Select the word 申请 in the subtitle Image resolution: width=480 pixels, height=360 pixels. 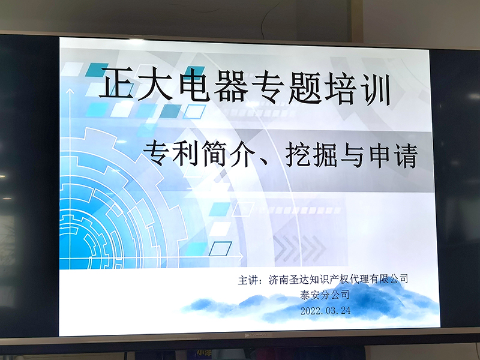click(394, 157)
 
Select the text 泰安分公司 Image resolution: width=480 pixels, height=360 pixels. click(325, 295)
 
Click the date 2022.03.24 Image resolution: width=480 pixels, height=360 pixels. click(325, 311)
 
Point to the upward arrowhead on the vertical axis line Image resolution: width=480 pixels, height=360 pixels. click(70, 91)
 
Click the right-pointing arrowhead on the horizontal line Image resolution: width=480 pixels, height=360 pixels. click(241, 257)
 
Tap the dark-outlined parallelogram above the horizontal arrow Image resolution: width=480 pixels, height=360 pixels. click(220, 248)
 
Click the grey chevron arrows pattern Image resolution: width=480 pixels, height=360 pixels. click(299, 248)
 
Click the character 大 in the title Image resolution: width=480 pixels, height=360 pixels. click(155, 83)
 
